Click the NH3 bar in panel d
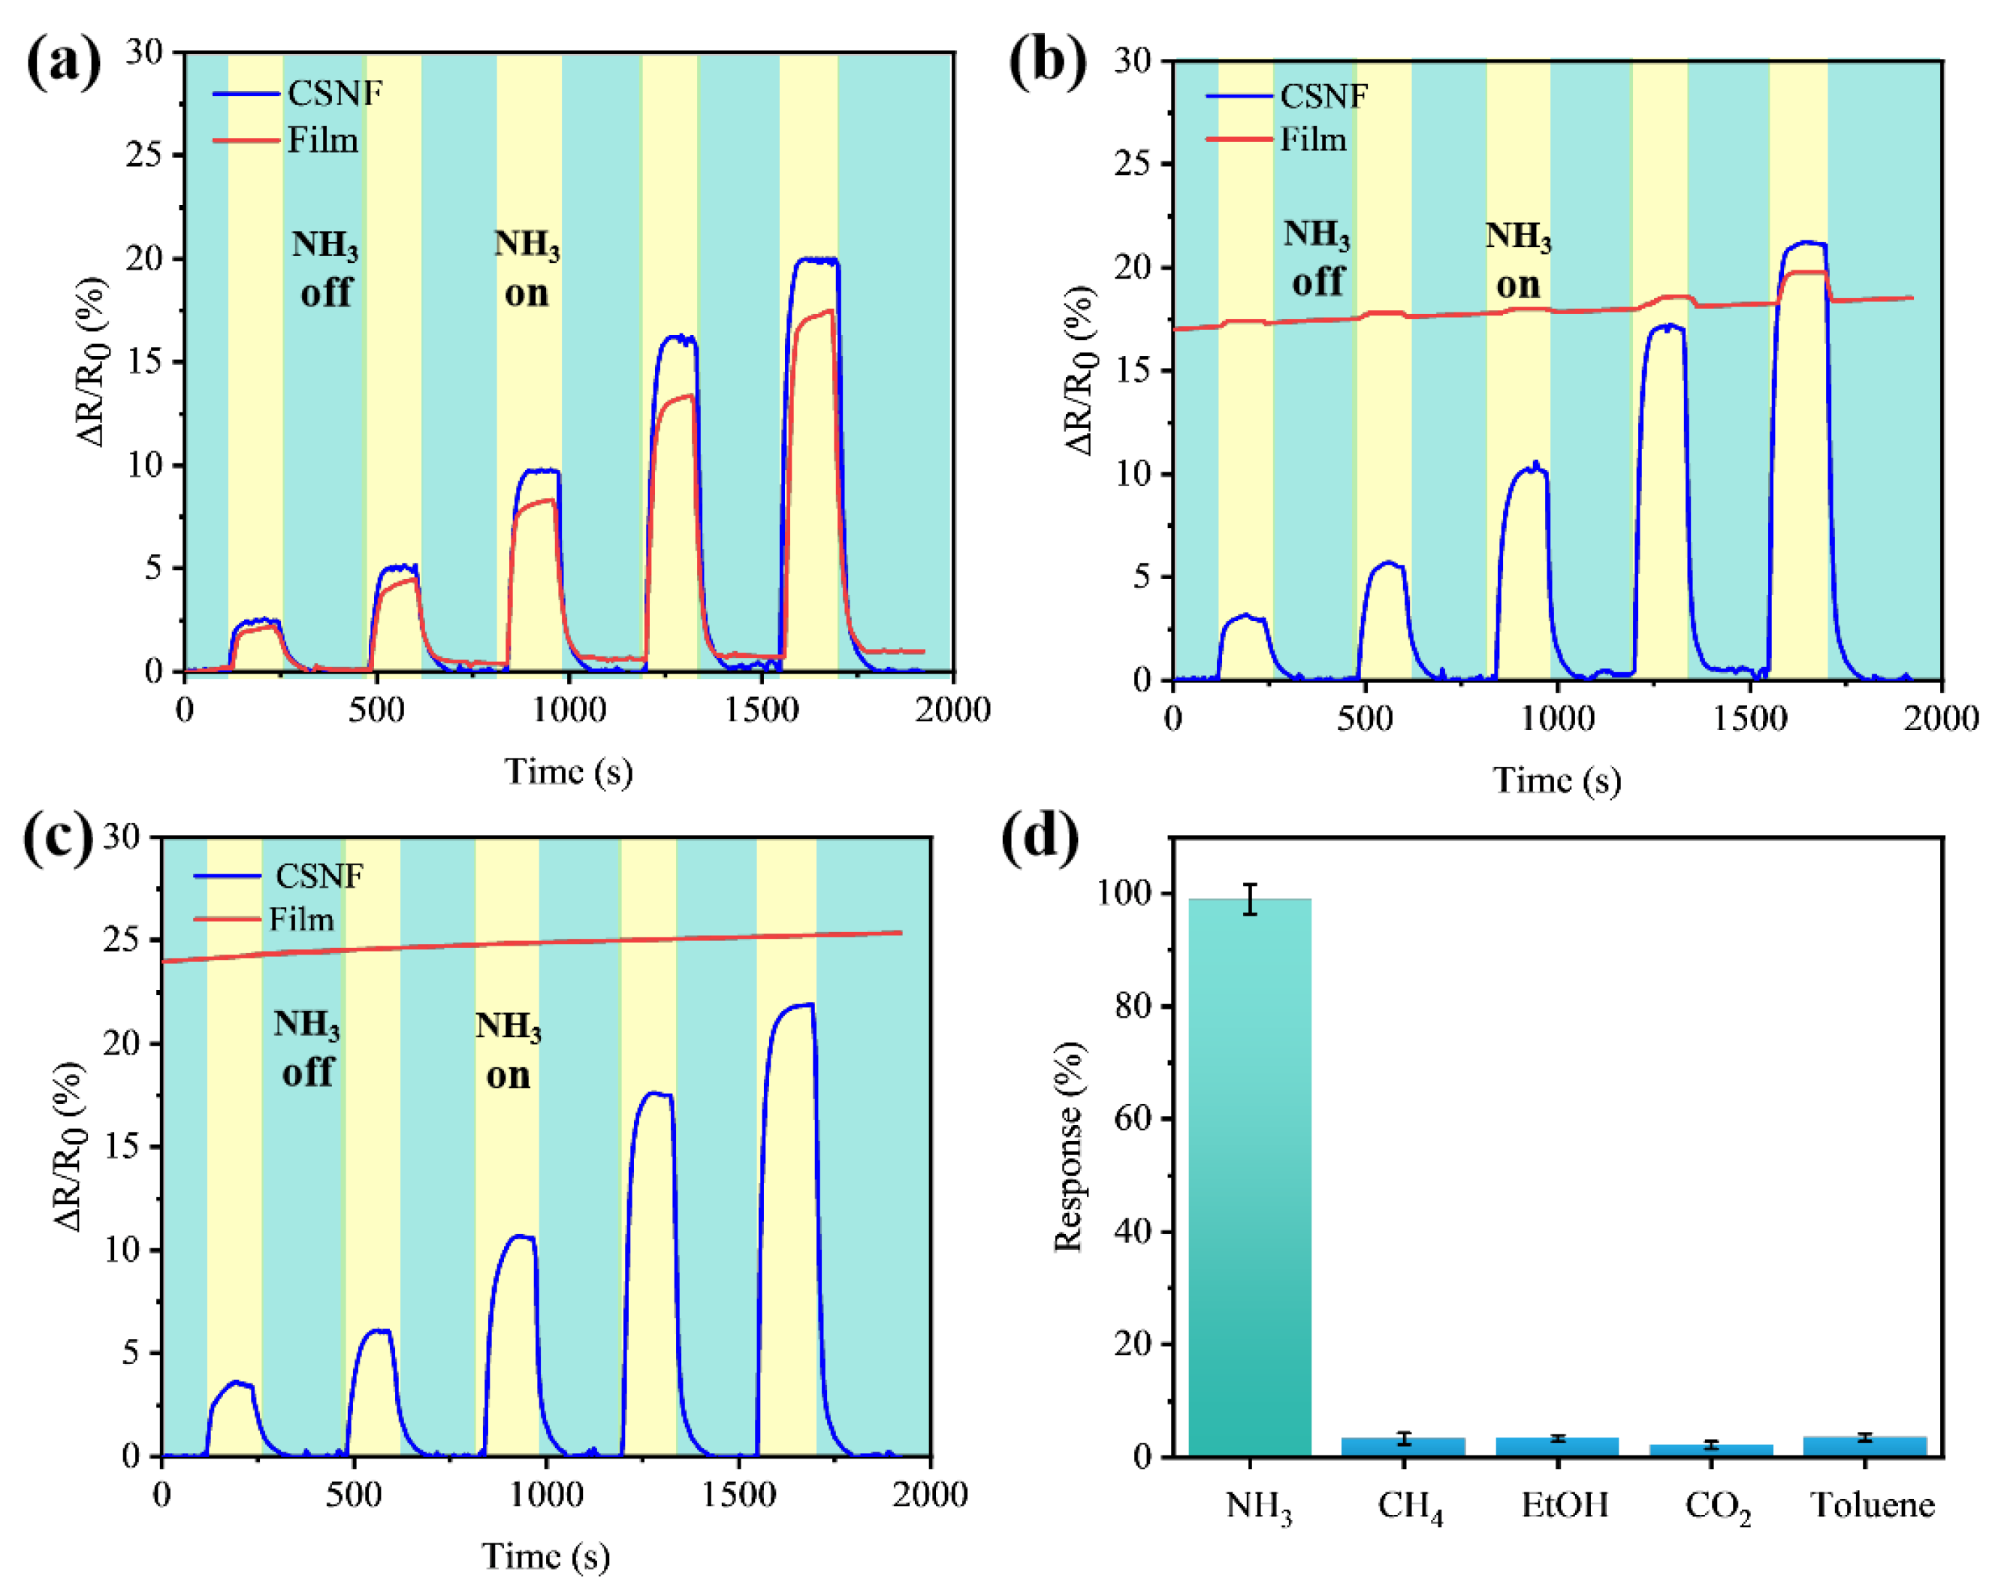1249,1175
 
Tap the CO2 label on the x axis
1717,1507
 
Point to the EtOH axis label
1565,1504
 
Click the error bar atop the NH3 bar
1250,899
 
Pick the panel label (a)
63,61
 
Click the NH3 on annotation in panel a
527,268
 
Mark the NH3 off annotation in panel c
306,1047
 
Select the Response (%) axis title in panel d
1069,1148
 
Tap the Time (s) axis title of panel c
545,1555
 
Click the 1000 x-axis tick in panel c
545,1494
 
